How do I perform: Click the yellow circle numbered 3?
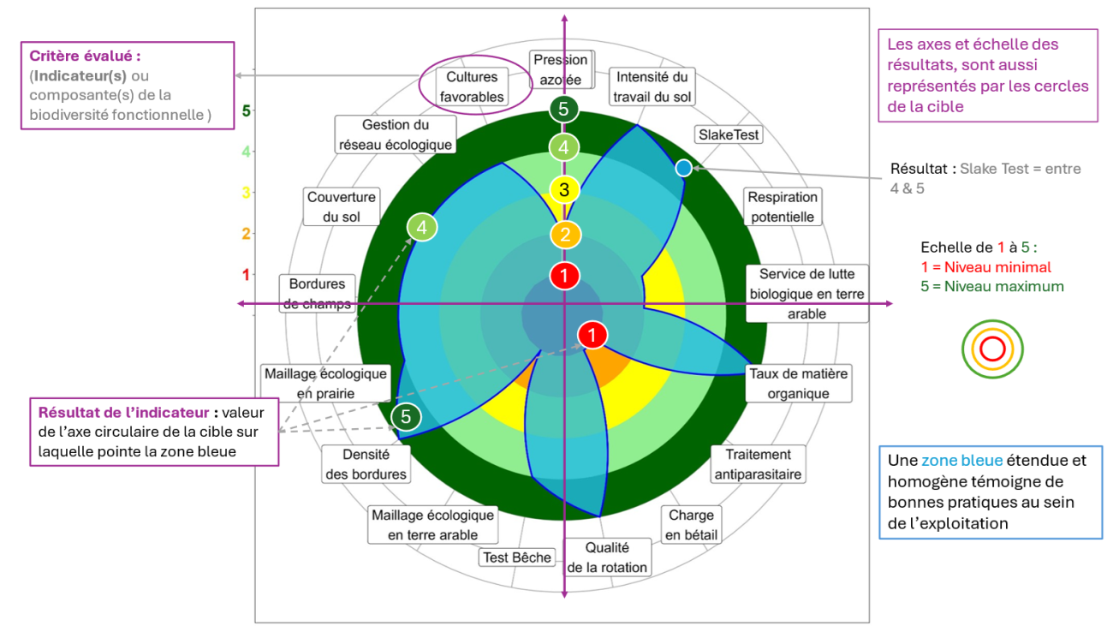(x=564, y=189)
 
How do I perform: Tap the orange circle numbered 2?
(x=565, y=235)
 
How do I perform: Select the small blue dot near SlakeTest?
(x=683, y=169)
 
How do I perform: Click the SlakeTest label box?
(x=729, y=135)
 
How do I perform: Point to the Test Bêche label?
(x=517, y=557)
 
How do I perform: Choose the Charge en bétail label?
(x=691, y=525)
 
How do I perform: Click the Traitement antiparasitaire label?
(x=758, y=463)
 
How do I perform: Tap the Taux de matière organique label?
(x=798, y=384)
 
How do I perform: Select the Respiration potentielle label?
(x=781, y=207)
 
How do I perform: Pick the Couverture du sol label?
(x=341, y=207)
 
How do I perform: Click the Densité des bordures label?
(x=366, y=464)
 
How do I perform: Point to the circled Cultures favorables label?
(x=472, y=87)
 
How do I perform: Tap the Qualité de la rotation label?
(x=607, y=557)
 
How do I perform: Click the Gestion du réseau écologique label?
(x=395, y=135)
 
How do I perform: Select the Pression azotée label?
(x=561, y=69)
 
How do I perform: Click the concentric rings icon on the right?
(x=992, y=349)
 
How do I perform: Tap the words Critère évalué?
(x=85, y=56)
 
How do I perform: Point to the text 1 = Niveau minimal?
(x=985, y=267)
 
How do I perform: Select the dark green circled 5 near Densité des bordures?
(x=406, y=417)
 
